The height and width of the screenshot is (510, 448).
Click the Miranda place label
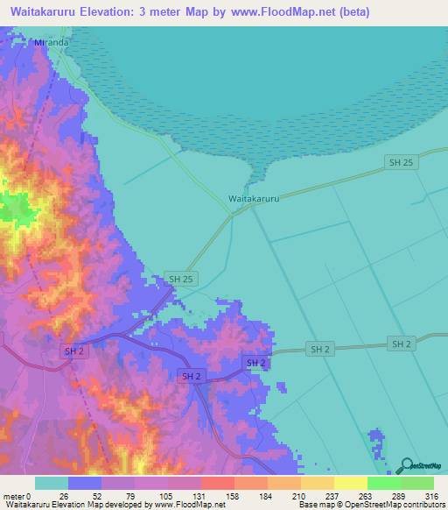point(51,41)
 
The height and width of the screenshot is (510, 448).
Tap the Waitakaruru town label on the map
point(254,199)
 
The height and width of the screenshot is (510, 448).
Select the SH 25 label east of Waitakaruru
point(399,163)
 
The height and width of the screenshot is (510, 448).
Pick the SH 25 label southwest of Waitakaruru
point(179,279)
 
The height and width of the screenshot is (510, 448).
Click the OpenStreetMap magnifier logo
point(405,466)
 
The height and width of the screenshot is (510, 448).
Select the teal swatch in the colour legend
point(52,484)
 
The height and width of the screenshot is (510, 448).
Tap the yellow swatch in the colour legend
point(350,484)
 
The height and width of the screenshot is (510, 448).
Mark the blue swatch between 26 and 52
point(85,484)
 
